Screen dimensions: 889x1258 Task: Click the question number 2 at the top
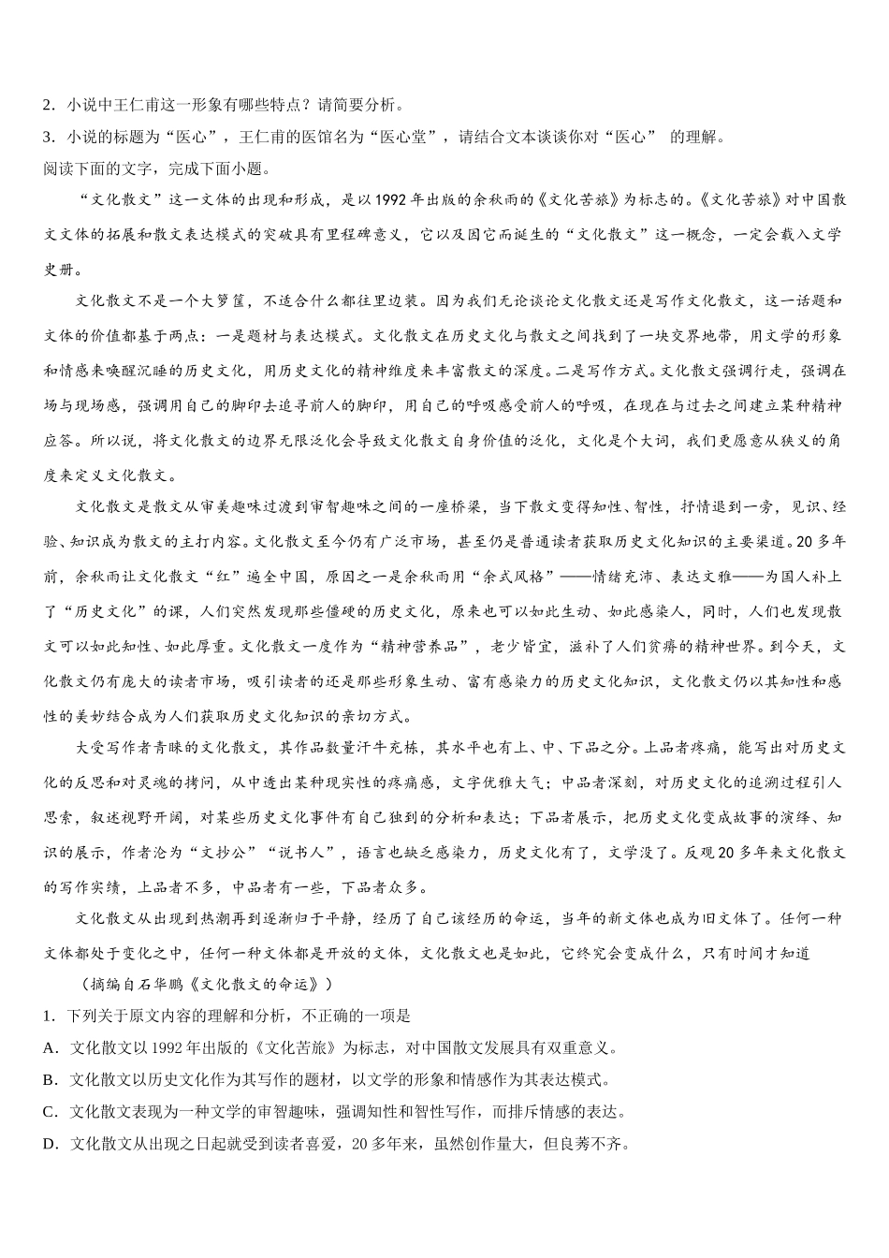[x=48, y=105]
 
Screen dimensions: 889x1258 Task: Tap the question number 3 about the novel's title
[x=48, y=137]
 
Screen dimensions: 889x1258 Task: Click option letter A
[x=49, y=1048]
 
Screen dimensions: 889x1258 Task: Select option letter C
[x=49, y=1112]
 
